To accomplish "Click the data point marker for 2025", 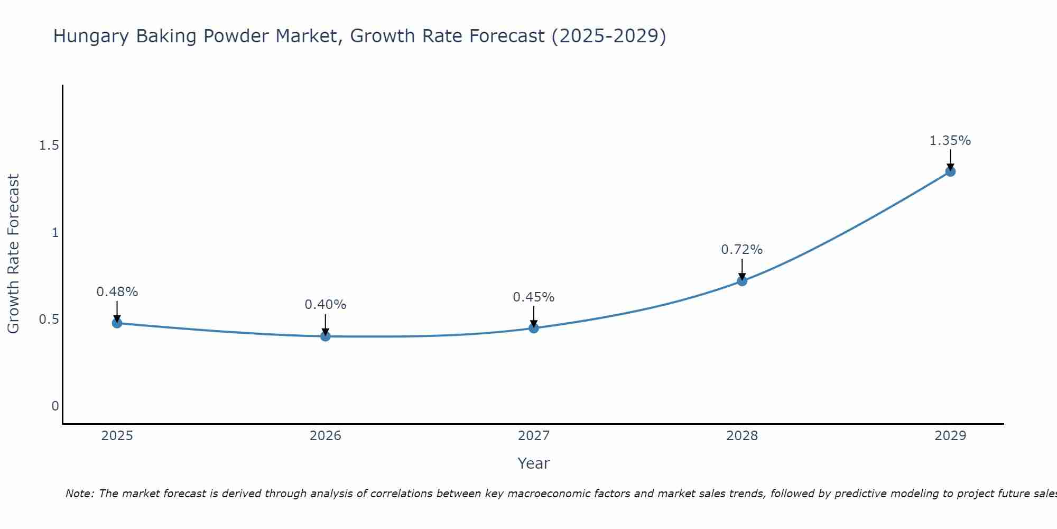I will (x=117, y=323).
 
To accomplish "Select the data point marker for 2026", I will (x=326, y=336).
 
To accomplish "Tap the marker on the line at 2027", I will (x=534, y=328).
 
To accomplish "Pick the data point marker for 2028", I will (x=742, y=281).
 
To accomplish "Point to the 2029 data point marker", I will (x=950, y=171).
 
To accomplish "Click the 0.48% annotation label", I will (x=117, y=292).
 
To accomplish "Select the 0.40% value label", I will (x=326, y=305).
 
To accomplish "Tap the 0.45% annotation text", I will (x=534, y=297).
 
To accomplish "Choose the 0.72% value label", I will (x=742, y=250).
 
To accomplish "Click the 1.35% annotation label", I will (x=950, y=141).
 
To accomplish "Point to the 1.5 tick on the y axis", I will (x=49, y=145).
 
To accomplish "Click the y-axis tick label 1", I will (x=55, y=232).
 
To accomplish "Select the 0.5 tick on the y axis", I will (x=49, y=320).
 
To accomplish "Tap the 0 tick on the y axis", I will (x=55, y=406).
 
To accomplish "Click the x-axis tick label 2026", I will (x=326, y=436).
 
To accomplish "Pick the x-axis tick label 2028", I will (x=742, y=436).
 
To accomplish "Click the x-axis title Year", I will (x=534, y=463).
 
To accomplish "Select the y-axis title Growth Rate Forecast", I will (x=14, y=254).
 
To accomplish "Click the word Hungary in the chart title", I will (x=91, y=37).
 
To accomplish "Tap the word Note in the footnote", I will (x=79, y=494).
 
